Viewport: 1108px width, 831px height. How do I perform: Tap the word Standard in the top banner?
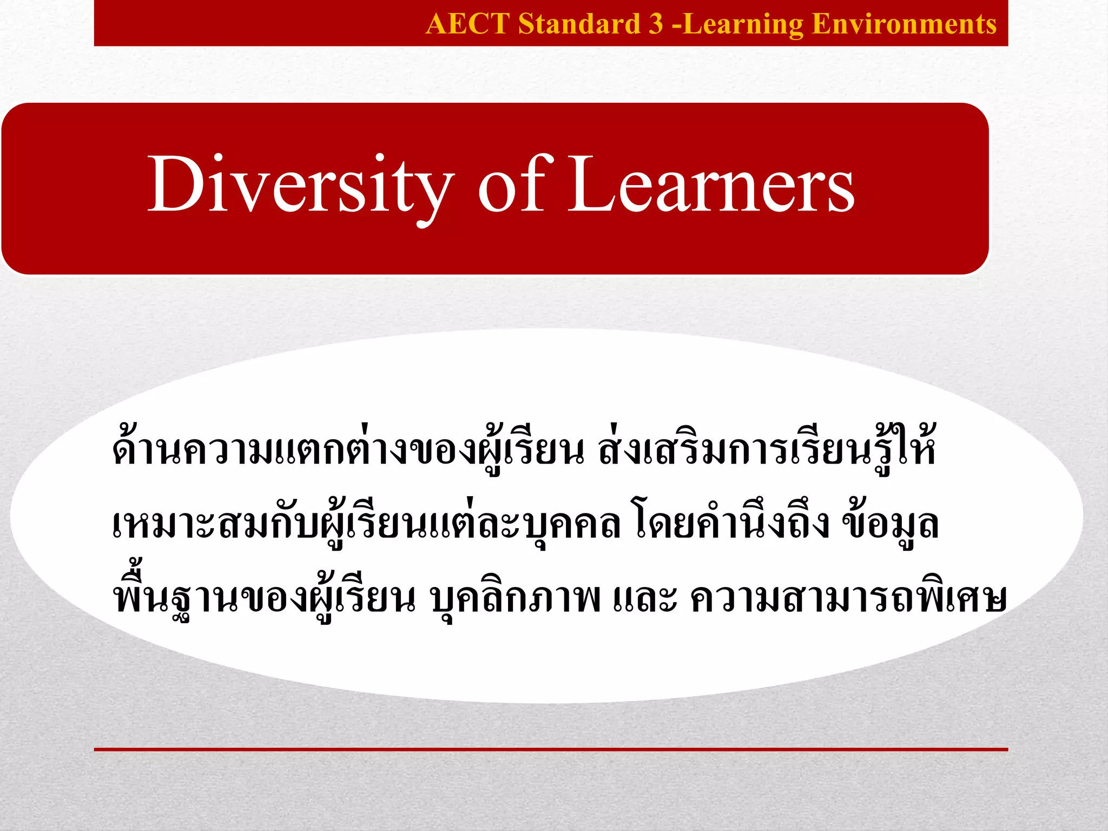coord(578,24)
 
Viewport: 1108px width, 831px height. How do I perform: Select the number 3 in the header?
coord(655,24)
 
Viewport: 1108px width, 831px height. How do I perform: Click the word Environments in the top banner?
coord(904,24)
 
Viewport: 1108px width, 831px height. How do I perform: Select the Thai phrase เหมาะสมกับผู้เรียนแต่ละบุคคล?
coord(366,524)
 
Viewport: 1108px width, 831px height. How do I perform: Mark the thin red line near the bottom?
coord(551,749)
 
